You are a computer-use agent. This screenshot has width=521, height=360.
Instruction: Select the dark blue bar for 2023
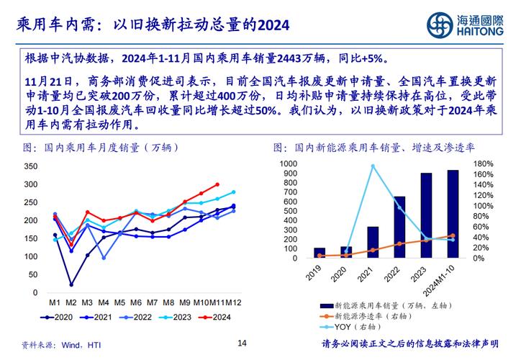point(427,215)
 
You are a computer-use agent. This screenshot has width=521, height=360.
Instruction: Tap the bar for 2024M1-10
point(453,214)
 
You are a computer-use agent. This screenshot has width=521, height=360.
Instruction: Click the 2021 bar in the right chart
point(373,242)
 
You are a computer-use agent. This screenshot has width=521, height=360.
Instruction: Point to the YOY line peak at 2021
point(373,166)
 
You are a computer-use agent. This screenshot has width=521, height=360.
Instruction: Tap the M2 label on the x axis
point(71,302)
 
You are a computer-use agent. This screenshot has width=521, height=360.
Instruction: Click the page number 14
point(243,343)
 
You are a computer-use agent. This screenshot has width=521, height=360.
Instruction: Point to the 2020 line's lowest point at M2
point(71,284)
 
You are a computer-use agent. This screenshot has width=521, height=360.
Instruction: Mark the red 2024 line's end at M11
point(217,184)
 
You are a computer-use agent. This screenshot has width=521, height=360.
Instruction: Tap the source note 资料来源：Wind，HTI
point(60,346)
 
